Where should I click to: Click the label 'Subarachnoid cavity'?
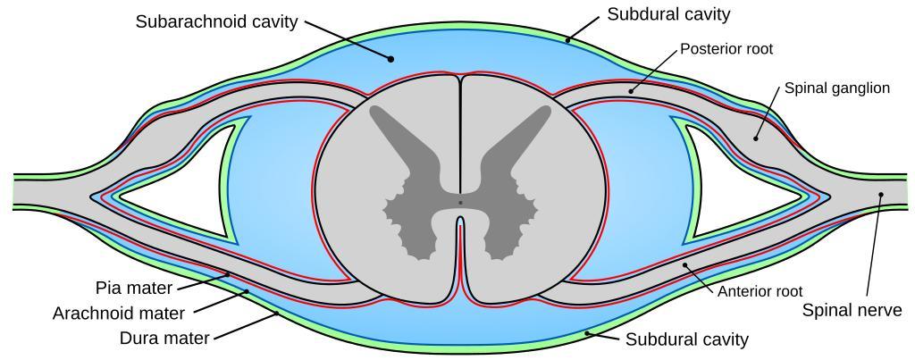click(x=217, y=22)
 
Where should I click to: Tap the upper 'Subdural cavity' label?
click(x=668, y=14)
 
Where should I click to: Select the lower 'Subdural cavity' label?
click(x=687, y=339)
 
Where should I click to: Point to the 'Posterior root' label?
click(x=726, y=49)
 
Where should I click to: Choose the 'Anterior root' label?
click(x=760, y=291)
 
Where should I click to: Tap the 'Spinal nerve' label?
click(x=852, y=310)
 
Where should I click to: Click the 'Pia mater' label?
click(x=134, y=288)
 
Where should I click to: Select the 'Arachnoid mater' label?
click(x=119, y=314)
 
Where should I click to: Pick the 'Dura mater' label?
click(x=164, y=339)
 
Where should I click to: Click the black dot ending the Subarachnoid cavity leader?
click(x=391, y=58)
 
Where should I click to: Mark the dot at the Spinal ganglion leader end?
click(x=755, y=138)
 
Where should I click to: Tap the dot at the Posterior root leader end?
click(x=631, y=91)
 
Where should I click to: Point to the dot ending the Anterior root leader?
click(x=684, y=265)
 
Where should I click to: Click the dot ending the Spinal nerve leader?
click(x=881, y=195)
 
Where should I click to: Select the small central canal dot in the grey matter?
click(x=460, y=203)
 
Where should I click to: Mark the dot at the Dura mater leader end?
click(x=277, y=314)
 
